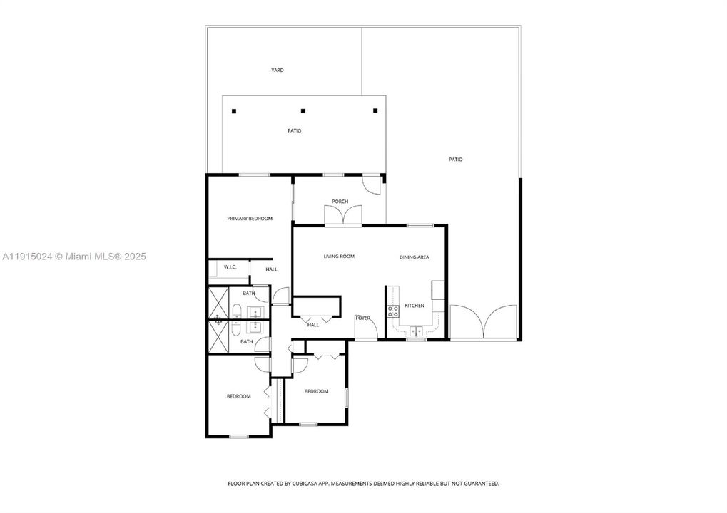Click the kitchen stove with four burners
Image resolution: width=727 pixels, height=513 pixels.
pos(392,311)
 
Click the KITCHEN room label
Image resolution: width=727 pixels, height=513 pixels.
pos(415,306)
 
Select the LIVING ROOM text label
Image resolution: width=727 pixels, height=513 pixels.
pos(339,256)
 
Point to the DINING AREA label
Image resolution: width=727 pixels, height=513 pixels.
pos(414,257)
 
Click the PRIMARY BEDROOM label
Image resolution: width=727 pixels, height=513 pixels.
pos(250,219)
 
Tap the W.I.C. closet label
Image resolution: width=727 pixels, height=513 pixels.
pos(230,268)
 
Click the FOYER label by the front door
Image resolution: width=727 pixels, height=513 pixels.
pos(362,318)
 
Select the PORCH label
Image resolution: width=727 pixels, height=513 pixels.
pos(340,202)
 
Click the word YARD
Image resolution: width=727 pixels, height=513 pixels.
pos(278,71)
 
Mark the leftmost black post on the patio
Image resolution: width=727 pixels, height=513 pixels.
pos(233,110)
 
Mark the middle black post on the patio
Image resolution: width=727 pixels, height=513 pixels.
pos(303,110)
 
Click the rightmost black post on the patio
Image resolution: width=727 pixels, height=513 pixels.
pos(375,110)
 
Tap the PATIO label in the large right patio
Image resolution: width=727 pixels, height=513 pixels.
pos(455,160)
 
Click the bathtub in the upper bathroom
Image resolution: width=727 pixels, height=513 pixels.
pos(235,311)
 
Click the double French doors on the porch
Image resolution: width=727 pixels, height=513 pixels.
pos(340,216)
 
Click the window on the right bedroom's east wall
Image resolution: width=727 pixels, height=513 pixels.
pos(346,398)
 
